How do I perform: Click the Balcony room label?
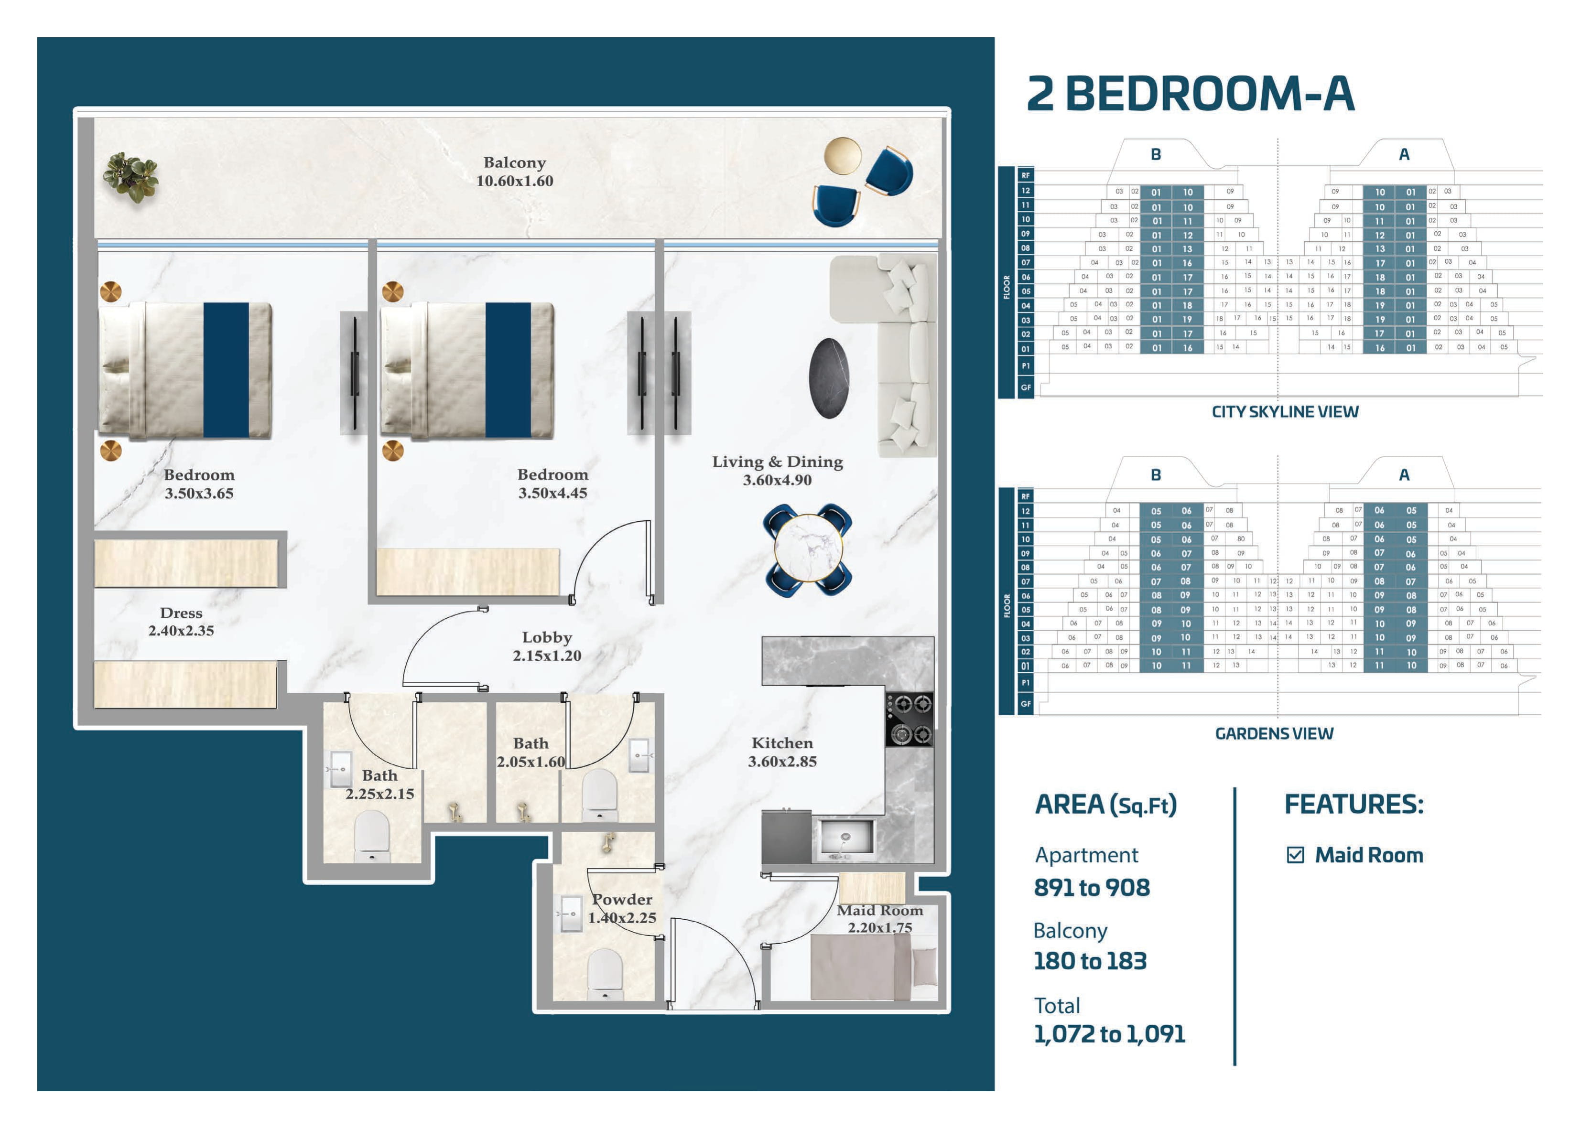514,162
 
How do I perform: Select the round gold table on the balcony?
842,156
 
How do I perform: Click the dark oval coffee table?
829,378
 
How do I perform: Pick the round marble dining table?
808,549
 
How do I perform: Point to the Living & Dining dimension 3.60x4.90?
777,480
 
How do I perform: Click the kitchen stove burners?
910,720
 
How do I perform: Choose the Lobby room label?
547,637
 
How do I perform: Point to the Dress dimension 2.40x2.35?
181,631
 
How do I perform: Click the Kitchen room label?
782,743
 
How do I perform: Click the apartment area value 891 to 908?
1092,888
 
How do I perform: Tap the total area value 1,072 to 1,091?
1110,1034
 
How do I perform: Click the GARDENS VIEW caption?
1274,733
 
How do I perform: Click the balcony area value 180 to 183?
1090,961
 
